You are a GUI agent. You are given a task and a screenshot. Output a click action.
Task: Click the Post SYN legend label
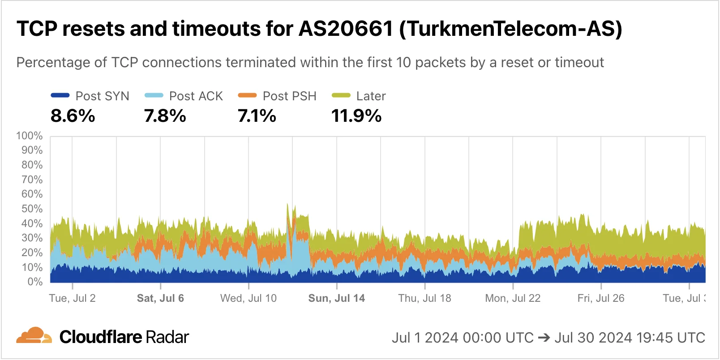(x=102, y=96)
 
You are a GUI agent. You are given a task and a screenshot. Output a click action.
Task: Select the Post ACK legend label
(x=196, y=96)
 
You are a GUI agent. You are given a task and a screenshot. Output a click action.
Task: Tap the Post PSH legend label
(x=289, y=96)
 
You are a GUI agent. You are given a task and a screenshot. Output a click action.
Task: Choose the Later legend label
(x=371, y=96)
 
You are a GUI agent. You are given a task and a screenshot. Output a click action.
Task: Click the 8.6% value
(x=73, y=116)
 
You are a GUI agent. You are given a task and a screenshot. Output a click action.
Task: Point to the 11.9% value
(x=356, y=116)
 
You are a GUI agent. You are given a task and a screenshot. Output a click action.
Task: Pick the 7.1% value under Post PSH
(x=257, y=116)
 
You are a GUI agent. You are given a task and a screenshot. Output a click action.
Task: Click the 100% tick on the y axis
(x=30, y=136)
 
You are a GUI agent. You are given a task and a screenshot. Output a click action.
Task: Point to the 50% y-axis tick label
(x=32, y=209)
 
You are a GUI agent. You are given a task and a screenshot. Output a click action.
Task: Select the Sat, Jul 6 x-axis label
(x=160, y=298)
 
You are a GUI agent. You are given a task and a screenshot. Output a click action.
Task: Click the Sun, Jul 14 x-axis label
(x=337, y=298)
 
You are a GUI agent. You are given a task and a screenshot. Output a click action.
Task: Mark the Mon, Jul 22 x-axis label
(x=513, y=298)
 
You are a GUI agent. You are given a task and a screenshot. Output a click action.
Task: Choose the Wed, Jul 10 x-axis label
(x=249, y=298)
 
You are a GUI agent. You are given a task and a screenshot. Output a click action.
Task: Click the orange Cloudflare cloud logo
(x=34, y=336)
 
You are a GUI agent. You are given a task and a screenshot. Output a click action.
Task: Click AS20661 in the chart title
(x=345, y=29)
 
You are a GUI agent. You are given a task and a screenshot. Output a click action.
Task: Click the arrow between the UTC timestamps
(x=544, y=338)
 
